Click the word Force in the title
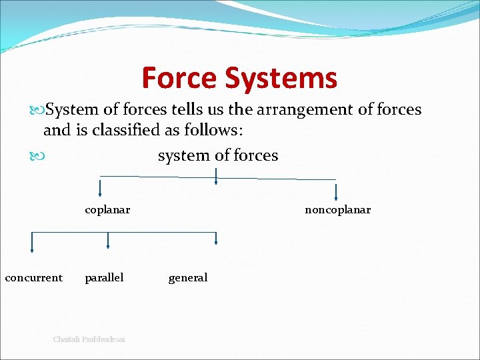pos(180,78)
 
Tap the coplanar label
pos(107,210)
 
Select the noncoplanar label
pos(337,210)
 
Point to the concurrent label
pos(33,277)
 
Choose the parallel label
pos(104,277)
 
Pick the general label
pos(188,277)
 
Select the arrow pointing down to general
pos(216,242)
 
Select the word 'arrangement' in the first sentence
pos(299,109)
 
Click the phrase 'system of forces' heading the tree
pos(218,155)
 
